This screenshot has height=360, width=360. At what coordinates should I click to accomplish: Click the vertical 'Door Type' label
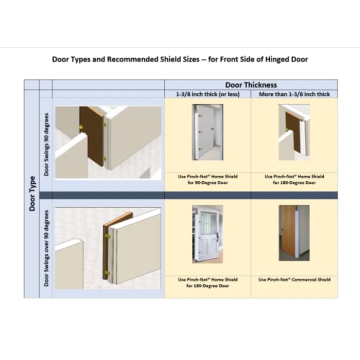coord(30,189)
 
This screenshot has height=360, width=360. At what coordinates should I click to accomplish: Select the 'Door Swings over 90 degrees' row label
coord(46,247)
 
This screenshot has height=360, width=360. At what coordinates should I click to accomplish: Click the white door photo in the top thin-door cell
coord(207,132)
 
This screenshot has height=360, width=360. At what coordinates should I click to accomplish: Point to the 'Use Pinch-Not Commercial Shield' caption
coord(293,280)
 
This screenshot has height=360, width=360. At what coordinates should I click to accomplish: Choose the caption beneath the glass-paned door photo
coord(207,282)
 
